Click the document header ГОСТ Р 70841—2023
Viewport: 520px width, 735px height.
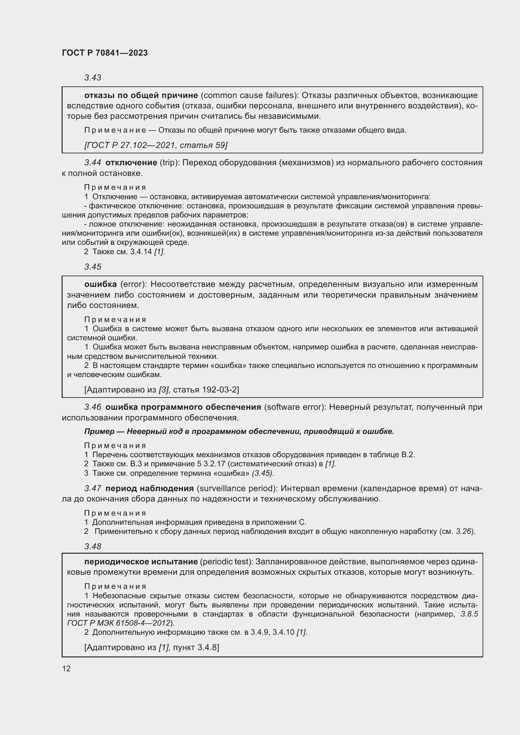click(x=105, y=53)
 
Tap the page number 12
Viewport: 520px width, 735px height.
click(x=66, y=668)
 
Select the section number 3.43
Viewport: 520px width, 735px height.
click(x=92, y=78)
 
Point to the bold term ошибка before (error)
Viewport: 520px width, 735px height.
click(x=100, y=284)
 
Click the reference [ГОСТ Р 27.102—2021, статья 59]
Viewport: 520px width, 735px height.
click(x=156, y=145)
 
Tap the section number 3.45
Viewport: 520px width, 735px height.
click(x=92, y=267)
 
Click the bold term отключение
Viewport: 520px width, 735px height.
click(x=131, y=163)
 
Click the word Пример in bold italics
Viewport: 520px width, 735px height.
click(x=99, y=431)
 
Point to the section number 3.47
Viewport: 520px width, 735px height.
click(x=92, y=489)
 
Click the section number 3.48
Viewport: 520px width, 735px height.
click(x=92, y=546)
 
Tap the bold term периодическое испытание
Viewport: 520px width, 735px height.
click(x=141, y=562)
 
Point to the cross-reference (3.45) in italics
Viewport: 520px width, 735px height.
click(x=263, y=473)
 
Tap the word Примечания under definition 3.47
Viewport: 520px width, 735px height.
click(x=115, y=513)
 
